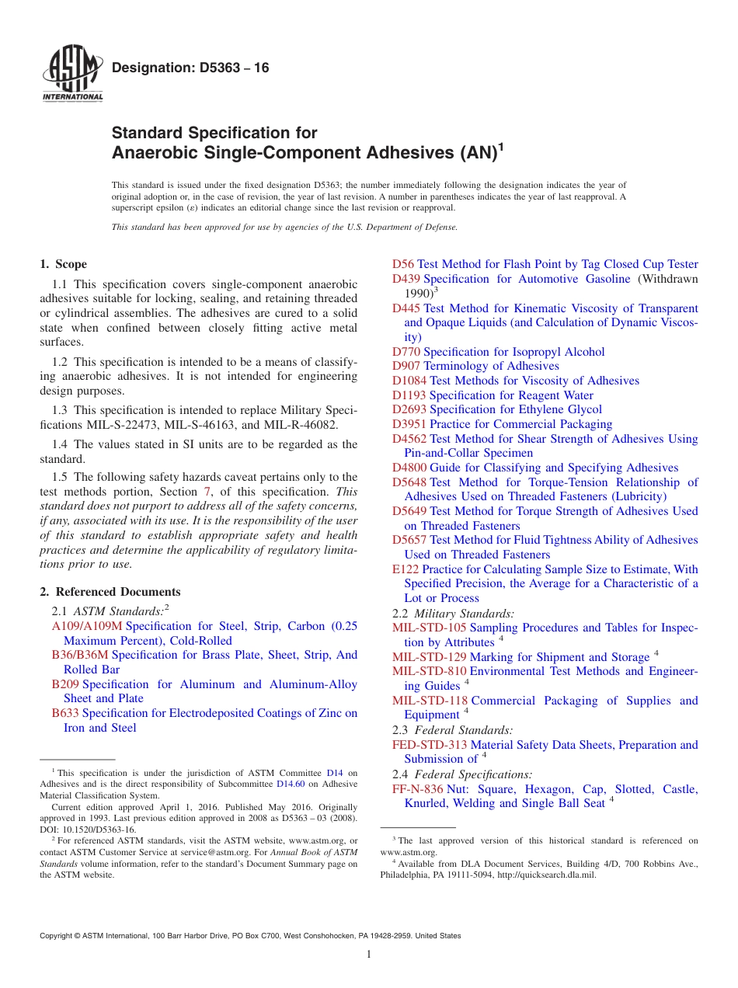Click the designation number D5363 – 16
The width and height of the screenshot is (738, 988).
click(x=190, y=68)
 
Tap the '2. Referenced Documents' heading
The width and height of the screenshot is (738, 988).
click(x=110, y=592)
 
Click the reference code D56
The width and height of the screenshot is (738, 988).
click(x=403, y=264)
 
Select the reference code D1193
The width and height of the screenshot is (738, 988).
click(x=409, y=395)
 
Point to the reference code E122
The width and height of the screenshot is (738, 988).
click(x=406, y=569)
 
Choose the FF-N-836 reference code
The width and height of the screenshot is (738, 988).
click(x=418, y=789)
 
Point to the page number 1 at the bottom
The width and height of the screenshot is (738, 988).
click(x=369, y=955)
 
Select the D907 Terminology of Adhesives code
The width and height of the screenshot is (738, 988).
click(x=406, y=366)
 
